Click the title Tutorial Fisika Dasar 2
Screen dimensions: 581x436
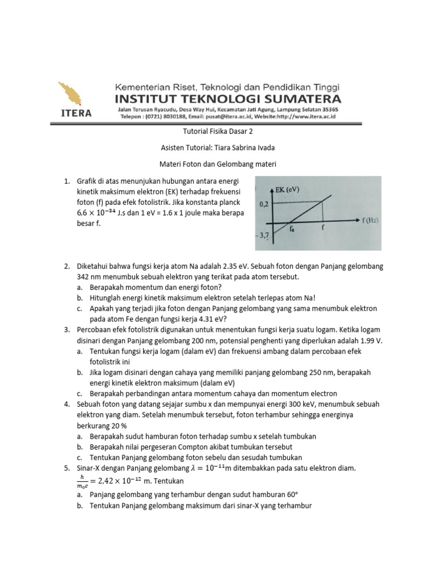[217, 132]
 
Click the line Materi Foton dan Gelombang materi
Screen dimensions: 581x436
[217, 165]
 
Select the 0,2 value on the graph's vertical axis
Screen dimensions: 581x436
[263, 202]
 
